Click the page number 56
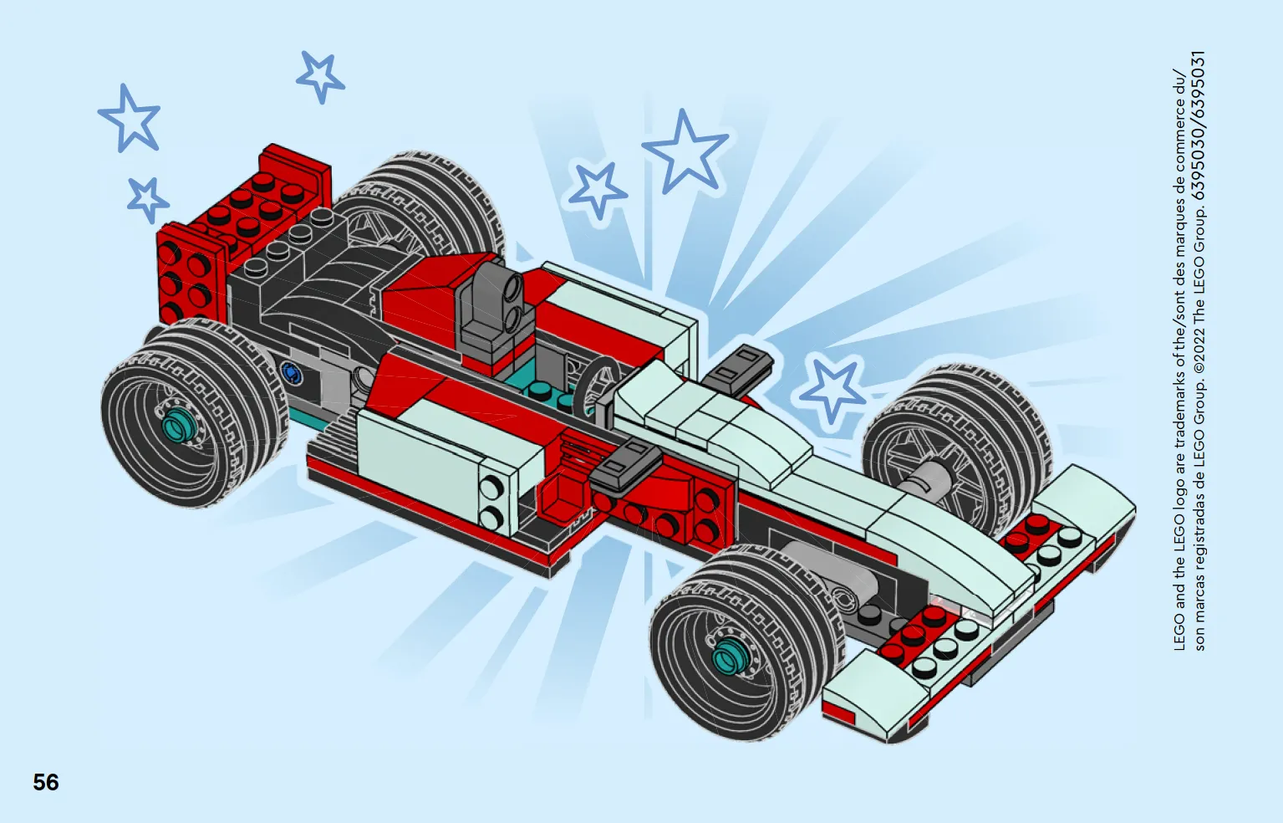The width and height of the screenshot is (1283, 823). pos(46,782)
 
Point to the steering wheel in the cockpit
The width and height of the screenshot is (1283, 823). pos(596,382)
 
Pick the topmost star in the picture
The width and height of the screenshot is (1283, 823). pos(320,77)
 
